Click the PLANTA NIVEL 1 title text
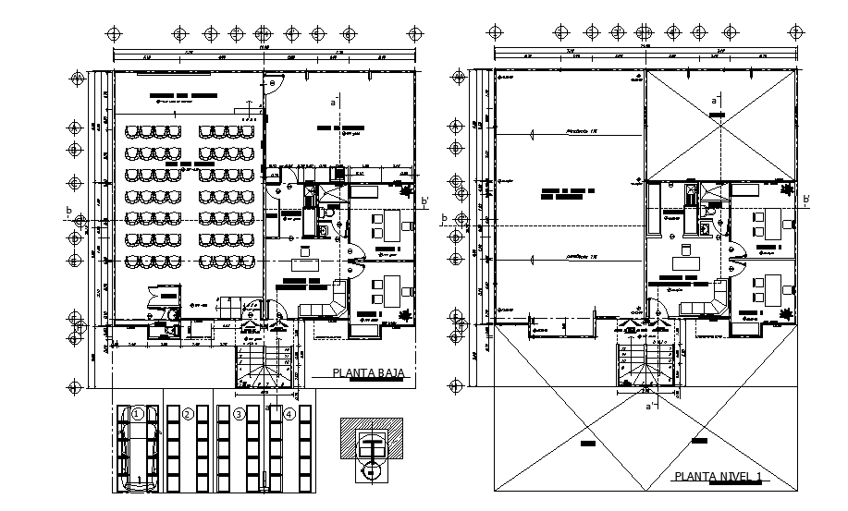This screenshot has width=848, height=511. tap(719, 477)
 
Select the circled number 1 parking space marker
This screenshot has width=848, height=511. tap(137, 414)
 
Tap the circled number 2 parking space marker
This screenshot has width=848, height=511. tap(188, 414)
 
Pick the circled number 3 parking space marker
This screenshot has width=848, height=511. tap(239, 414)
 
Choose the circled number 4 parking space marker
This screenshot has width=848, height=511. tap(289, 414)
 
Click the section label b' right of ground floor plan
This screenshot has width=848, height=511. tap(424, 201)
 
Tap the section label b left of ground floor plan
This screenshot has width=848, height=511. tap(68, 212)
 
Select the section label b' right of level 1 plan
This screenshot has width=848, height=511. tap(806, 200)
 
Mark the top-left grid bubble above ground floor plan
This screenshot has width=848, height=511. tap(114, 33)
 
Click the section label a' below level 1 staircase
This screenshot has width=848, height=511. tap(650, 404)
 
